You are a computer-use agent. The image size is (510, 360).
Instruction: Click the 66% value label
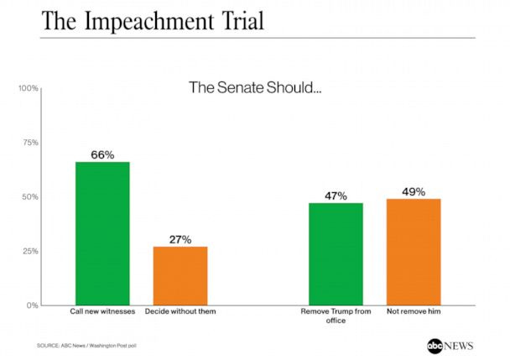[x=102, y=154]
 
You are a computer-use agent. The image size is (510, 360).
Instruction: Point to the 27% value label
[x=180, y=239]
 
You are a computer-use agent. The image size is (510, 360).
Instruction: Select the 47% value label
[x=336, y=196]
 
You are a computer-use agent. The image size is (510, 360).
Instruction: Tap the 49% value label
[x=413, y=191]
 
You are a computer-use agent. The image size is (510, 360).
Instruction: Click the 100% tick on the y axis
[x=29, y=88]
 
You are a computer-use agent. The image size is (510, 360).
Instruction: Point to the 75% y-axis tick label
[x=30, y=143]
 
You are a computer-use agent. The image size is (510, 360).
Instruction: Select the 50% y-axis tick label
[x=30, y=197]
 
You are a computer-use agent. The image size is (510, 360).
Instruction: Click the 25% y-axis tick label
[x=30, y=251]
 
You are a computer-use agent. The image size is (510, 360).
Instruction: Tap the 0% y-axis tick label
[x=33, y=305]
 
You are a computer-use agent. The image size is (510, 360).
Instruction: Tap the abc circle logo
[x=434, y=344]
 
